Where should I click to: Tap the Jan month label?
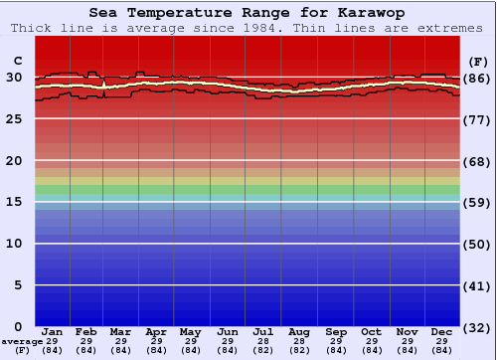tap(53, 331)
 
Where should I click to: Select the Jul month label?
tap(263, 331)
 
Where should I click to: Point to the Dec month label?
tap(442, 331)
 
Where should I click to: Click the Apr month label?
tap(156, 331)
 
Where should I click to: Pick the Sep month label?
tap(335, 331)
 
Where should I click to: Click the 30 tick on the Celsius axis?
tap(14, 78)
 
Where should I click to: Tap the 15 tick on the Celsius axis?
tap(14, 202)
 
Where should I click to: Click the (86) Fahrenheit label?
tap(478, 78)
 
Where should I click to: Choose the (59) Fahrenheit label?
tap(478, 202)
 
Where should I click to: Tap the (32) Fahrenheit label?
tap(478, 327)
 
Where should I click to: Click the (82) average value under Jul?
tap(263, 350)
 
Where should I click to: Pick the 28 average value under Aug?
tap(299, 341)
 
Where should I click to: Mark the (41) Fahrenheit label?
tap(478, 285)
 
